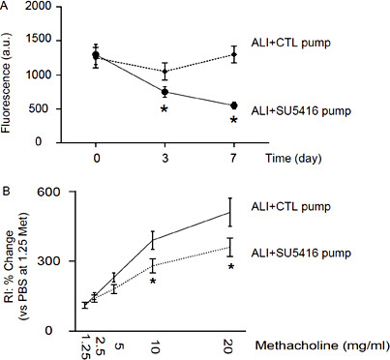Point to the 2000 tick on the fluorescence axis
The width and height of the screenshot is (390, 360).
44,8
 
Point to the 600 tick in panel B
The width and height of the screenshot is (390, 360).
55,193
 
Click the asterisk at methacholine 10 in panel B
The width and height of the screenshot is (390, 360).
153,282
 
